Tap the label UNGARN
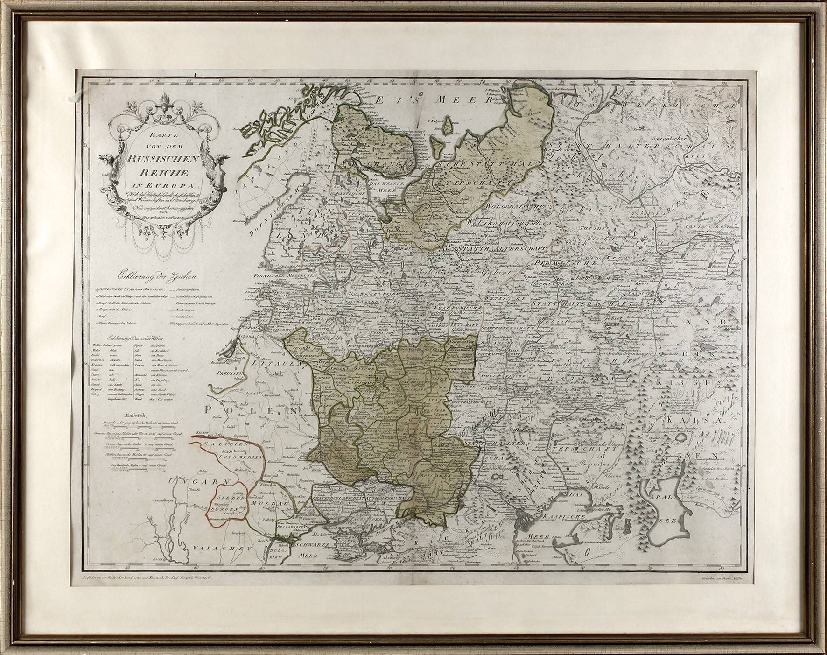coord(193,480)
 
